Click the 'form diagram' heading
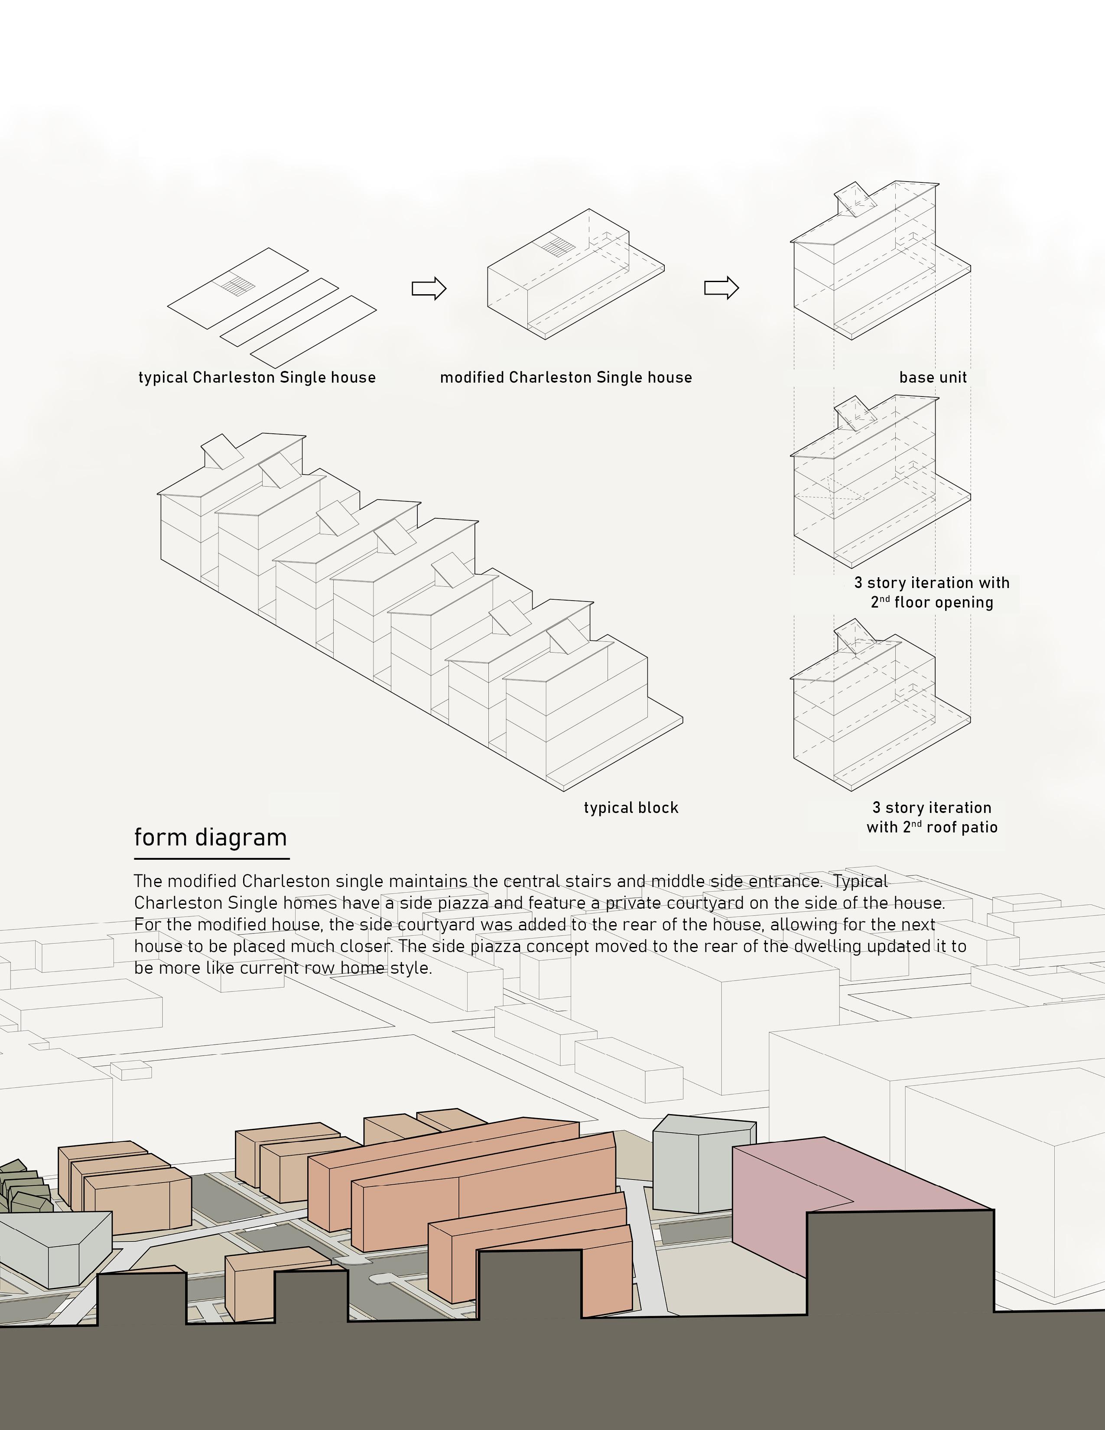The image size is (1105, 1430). [x=210, y=838]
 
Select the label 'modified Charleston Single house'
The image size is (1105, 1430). [x=565, y=378]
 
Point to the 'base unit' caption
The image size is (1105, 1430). [x=933, y=378]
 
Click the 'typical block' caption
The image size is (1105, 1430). [x=631, y=808]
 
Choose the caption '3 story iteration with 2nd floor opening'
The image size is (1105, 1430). [x=932, y=592]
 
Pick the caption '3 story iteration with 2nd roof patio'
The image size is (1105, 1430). [x=932, y=817]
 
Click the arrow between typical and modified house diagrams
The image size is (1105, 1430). [x=429, y=288]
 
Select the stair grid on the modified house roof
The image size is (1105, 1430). [x=558, y=247]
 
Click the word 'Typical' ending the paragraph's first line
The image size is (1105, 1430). [x=861, y=881]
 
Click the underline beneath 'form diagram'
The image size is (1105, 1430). [x=211, y=858]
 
